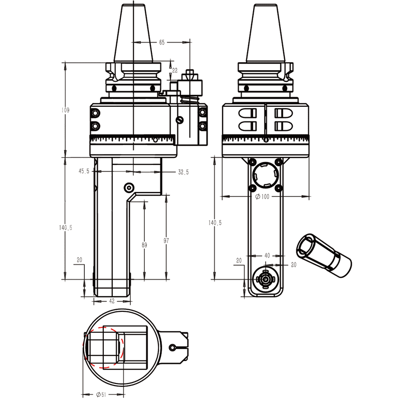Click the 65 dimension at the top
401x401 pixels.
(x=162, y=43)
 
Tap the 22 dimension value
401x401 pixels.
(x=174, y=71)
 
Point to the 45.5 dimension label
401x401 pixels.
(x=84, y=171)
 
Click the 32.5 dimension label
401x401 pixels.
(x=183, y=172)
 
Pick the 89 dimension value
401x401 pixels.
(x=144, y=245)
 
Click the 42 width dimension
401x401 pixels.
(x=111, y=301)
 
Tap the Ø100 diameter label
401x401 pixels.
(x=262, y=197)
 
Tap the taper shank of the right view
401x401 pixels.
(x=266, y=33)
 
